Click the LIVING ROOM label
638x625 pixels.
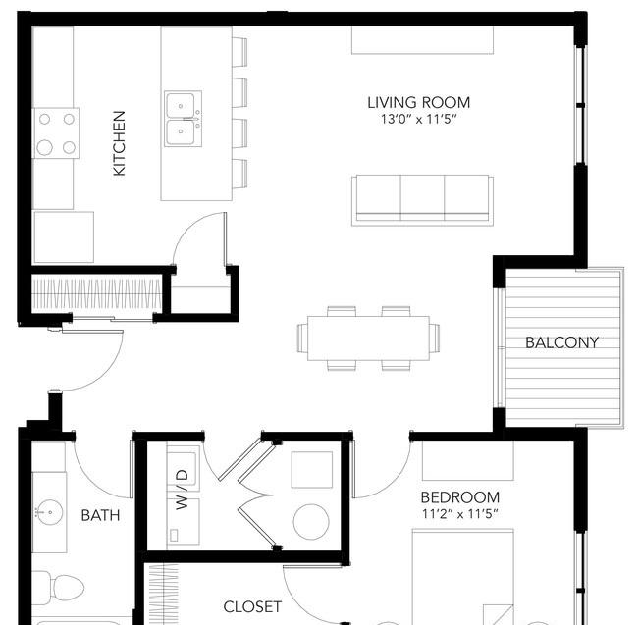(419, 102)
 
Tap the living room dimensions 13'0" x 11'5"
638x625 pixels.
(419, 119)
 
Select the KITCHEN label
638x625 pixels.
(119, 143)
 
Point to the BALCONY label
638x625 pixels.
(561, 342)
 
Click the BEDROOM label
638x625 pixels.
(459, 497)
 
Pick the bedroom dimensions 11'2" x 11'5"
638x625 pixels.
(459, 514)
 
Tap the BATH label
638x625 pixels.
(100, 515)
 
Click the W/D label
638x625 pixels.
(183, 490)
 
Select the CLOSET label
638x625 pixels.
(252, 606)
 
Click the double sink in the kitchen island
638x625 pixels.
(184, 119)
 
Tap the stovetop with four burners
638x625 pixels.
(56, 133)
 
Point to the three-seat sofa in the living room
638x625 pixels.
(422, 200)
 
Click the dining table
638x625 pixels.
(368, 339)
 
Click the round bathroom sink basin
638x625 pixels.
(48, 513)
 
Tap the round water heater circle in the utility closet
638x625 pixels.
(311, 522)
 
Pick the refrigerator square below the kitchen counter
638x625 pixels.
(64, 237)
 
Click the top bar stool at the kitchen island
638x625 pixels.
(239, 52)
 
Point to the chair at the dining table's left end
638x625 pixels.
(302, 338)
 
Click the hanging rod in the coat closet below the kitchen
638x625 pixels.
(97, 292)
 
